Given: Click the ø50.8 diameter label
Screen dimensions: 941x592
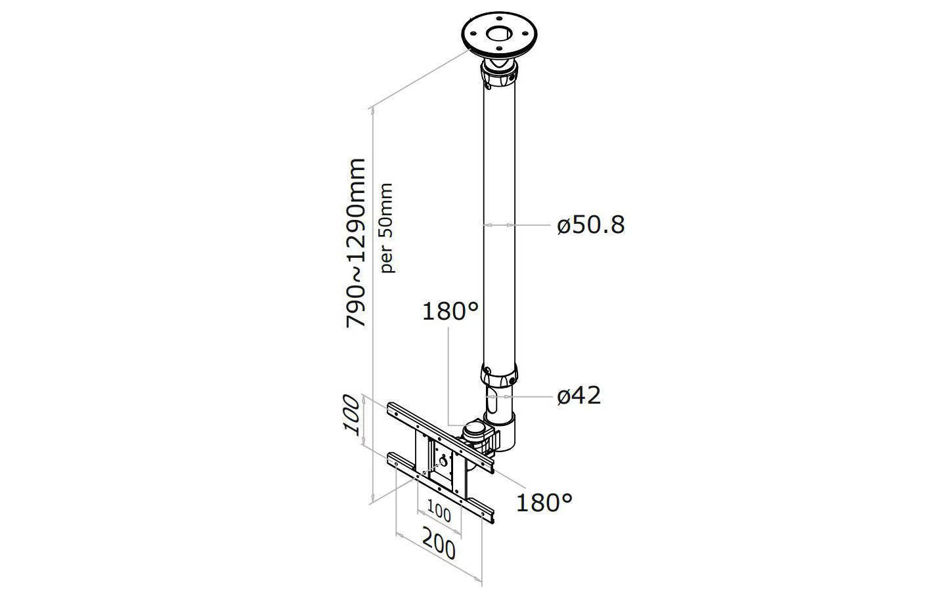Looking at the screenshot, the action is [590, 226].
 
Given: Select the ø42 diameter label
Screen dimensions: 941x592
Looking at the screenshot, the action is [579, 396].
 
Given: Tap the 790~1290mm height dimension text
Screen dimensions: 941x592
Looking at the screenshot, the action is [355, 243].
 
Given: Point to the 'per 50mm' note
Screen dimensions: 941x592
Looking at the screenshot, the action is [387, 228].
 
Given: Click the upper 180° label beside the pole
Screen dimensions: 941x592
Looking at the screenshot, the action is [450, 312].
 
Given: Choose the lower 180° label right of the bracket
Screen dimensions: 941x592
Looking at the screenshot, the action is [544, 503].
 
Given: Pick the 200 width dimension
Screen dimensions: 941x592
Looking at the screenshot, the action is [439, 544].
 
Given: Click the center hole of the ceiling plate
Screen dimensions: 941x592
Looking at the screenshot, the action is [499, 33].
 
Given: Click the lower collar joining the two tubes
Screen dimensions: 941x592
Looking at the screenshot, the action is [499, 377].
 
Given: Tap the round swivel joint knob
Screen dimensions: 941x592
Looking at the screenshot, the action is [475, 430].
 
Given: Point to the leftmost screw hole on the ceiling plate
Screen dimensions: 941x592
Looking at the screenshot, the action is [474, 34].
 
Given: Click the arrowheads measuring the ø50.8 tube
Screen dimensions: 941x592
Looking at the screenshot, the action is [499, 226].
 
